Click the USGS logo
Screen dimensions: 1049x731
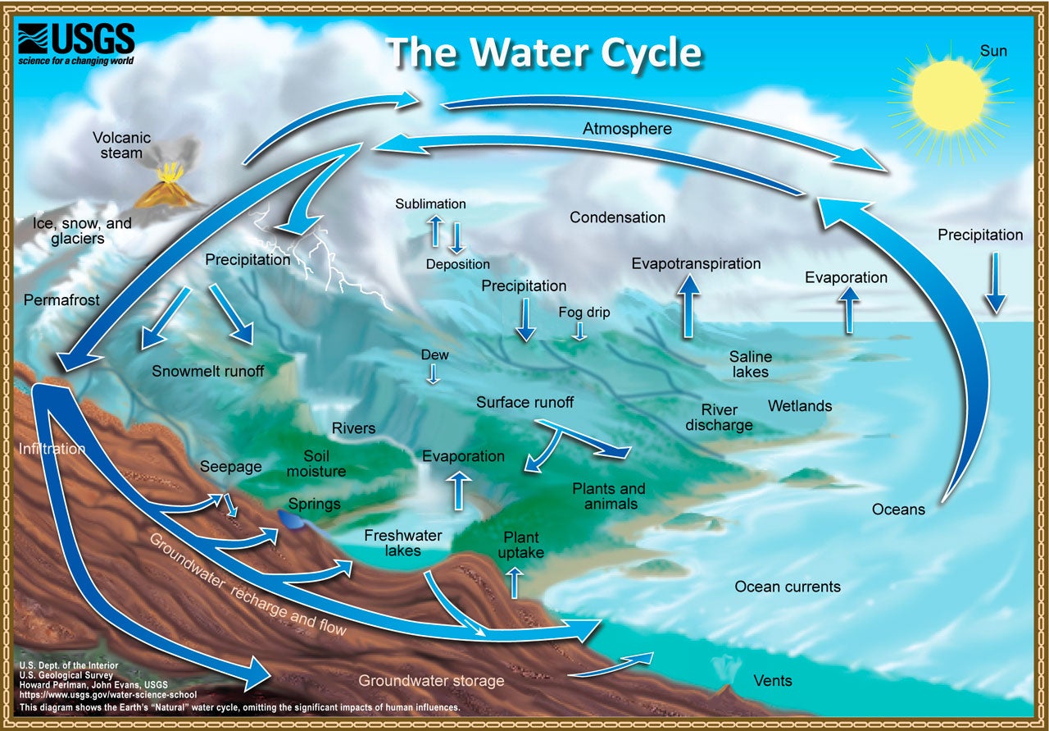pyautogui.click(x=76, y=44)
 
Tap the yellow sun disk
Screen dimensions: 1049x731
pyautogui.click(x=950, y=96)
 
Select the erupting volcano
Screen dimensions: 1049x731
pyautogui.click(x=167, y=186)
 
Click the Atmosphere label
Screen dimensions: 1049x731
pyautogui.click(x=627, y=129)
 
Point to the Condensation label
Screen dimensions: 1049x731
pyautogui.click(x=617, y=217)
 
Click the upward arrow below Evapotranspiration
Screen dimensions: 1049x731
pyautogui.click(x=688, y=306)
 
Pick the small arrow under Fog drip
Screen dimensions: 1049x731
pyautogui.click(x=579, y=331)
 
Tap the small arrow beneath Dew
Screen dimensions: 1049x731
pyautogui.click(x=434, y=374)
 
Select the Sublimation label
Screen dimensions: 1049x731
pyautogui.click(x=430, y=203)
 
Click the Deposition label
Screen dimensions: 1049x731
pyautogui.click(x=457, y=264)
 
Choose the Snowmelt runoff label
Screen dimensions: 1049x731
pyautogui.click(x=208, y=371)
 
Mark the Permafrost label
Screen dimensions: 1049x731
pyautogui.click(x=61, y=299)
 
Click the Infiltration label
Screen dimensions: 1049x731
pyautogui.click(x=52, y=449)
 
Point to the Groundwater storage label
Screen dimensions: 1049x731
pyautogui.click(x=431, y=680)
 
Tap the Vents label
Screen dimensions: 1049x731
pyautogui.click(x=773, y=680)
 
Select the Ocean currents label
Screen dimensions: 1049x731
pyautogui.click(x=788, y=586)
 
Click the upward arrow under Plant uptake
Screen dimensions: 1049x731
pyautogui.click(x=515, y=583)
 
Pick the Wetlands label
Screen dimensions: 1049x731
pyautogui.click(x=800, y=405)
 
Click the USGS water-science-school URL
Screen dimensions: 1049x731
pyautogui.click(x=108, y=695)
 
